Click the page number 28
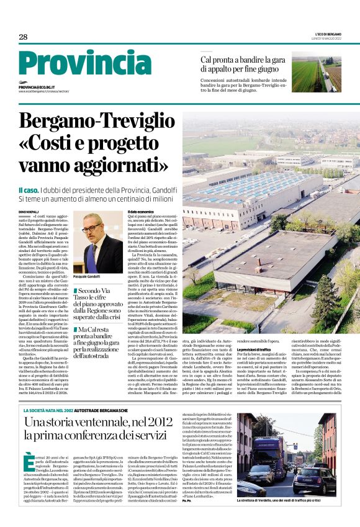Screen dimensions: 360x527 click(x=23, y=37)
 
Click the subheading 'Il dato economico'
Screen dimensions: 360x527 click(x=140, y=212)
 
